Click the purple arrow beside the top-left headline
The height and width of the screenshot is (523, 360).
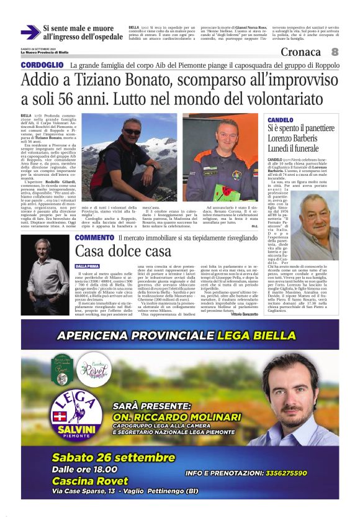30,32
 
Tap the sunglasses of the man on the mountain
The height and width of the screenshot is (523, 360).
132,132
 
